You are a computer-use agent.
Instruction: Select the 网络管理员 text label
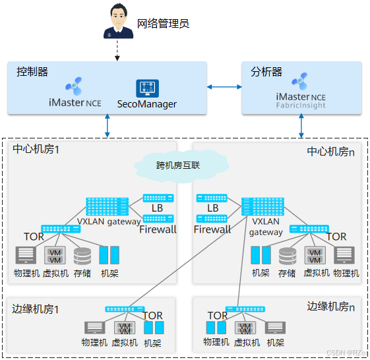pos(163,24)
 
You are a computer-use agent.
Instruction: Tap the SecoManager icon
pos(147,89)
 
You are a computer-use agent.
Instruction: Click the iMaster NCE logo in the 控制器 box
pos(74,86)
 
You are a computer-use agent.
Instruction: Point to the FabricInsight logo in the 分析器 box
pos(301,82)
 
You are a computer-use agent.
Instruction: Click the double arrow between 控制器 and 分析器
pos(224,87)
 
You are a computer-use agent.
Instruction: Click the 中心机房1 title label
pos(36,150)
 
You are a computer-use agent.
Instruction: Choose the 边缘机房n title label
pos(331,306)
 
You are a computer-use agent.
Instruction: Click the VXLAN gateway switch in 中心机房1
pos(106,206)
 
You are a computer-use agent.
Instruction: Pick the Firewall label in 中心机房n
pos(212,229)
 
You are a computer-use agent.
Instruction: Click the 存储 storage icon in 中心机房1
pos(82,255)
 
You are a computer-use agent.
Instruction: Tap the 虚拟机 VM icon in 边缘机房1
pos(124,328)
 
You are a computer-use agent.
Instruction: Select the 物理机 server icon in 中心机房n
pos(344,255)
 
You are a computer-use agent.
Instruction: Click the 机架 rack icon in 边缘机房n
pos(275,328)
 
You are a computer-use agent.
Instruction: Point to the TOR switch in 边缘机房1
pos(125,309)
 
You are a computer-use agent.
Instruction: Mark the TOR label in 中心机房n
pos(336,237)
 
